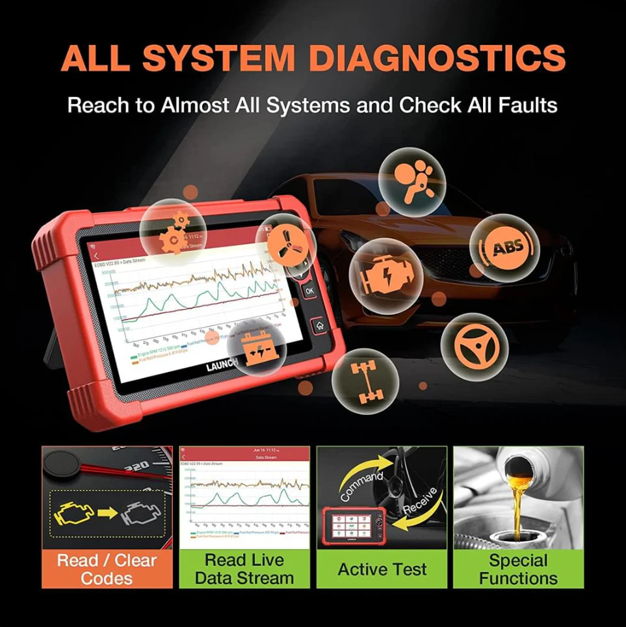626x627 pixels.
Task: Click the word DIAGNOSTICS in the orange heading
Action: (437, 59)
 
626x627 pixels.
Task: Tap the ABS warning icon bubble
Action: (504, 248)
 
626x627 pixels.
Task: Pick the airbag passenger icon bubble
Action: (411, 178)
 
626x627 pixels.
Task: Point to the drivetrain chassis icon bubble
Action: (365, 380)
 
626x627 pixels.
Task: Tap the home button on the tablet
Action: (318, 325)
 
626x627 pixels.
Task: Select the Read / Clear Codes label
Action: (107, 569)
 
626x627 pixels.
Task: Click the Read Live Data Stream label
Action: (244, 569)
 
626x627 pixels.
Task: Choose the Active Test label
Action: (382, 570)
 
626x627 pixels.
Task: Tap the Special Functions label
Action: (518, 569)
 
